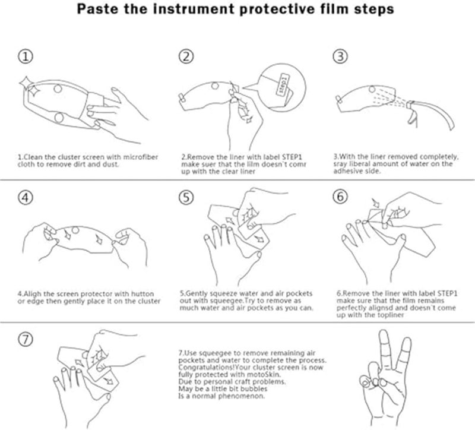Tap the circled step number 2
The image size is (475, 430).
(x=186, y=57)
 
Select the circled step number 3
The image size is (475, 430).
(x=340, y=57)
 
